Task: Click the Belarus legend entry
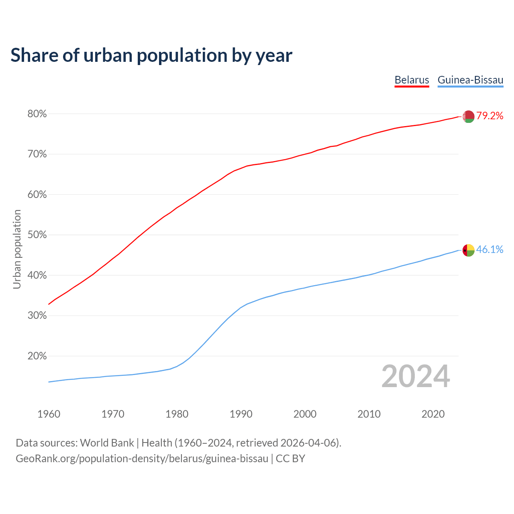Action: click(x=412, y=80)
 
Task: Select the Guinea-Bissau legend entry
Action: click(x=470, y=80)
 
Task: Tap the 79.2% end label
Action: click(x=490, y=116)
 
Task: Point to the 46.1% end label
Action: click(x=490, y=250)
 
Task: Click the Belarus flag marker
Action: click(x=468, y=116)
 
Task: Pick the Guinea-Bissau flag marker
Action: click(x=468, y=250)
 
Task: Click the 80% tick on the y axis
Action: click(x=37, y=114)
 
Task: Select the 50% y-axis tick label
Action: click(x=37, y=235)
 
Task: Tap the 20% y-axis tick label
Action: click(x=37, y=356)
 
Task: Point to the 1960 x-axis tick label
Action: click(x=49, y=414)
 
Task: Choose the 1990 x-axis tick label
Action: click(x=241, y=414)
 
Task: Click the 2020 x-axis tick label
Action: click(x=433, y=414)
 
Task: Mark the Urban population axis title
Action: click(x=17, y=249)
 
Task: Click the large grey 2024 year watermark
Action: click(x=416, y=376)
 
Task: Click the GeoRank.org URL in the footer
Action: click(x=142, y=459)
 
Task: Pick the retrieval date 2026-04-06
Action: click(x=308, y=443)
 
